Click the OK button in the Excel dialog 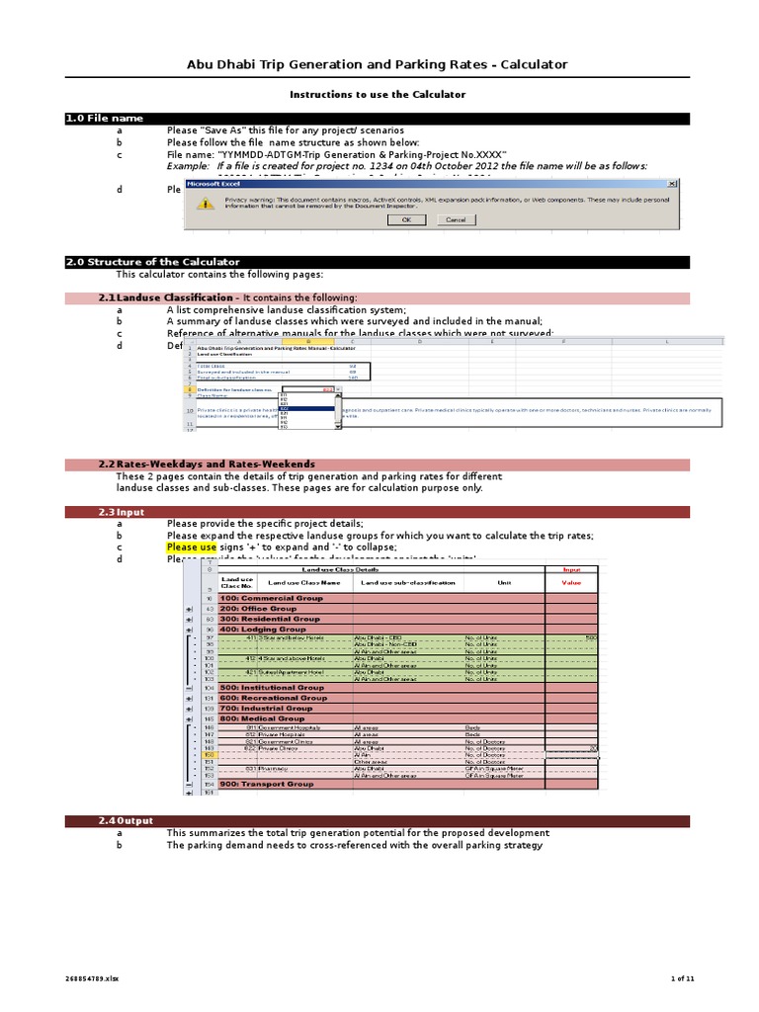406,219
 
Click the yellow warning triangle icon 205,203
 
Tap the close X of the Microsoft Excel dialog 673,183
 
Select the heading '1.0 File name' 105,119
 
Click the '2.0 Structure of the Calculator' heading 153,262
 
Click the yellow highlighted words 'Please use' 191,548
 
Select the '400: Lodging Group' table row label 263,629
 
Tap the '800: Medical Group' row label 263,718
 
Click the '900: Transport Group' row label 266,784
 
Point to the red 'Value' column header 572,583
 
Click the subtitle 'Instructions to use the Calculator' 377,94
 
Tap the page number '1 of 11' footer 683,978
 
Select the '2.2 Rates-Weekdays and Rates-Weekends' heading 207,464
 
